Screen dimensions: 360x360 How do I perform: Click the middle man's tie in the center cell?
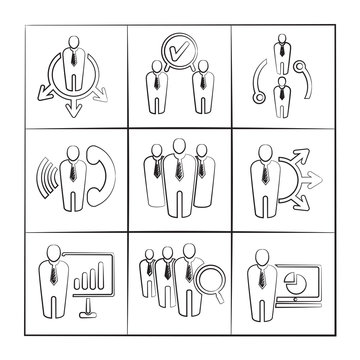[180, 177]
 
